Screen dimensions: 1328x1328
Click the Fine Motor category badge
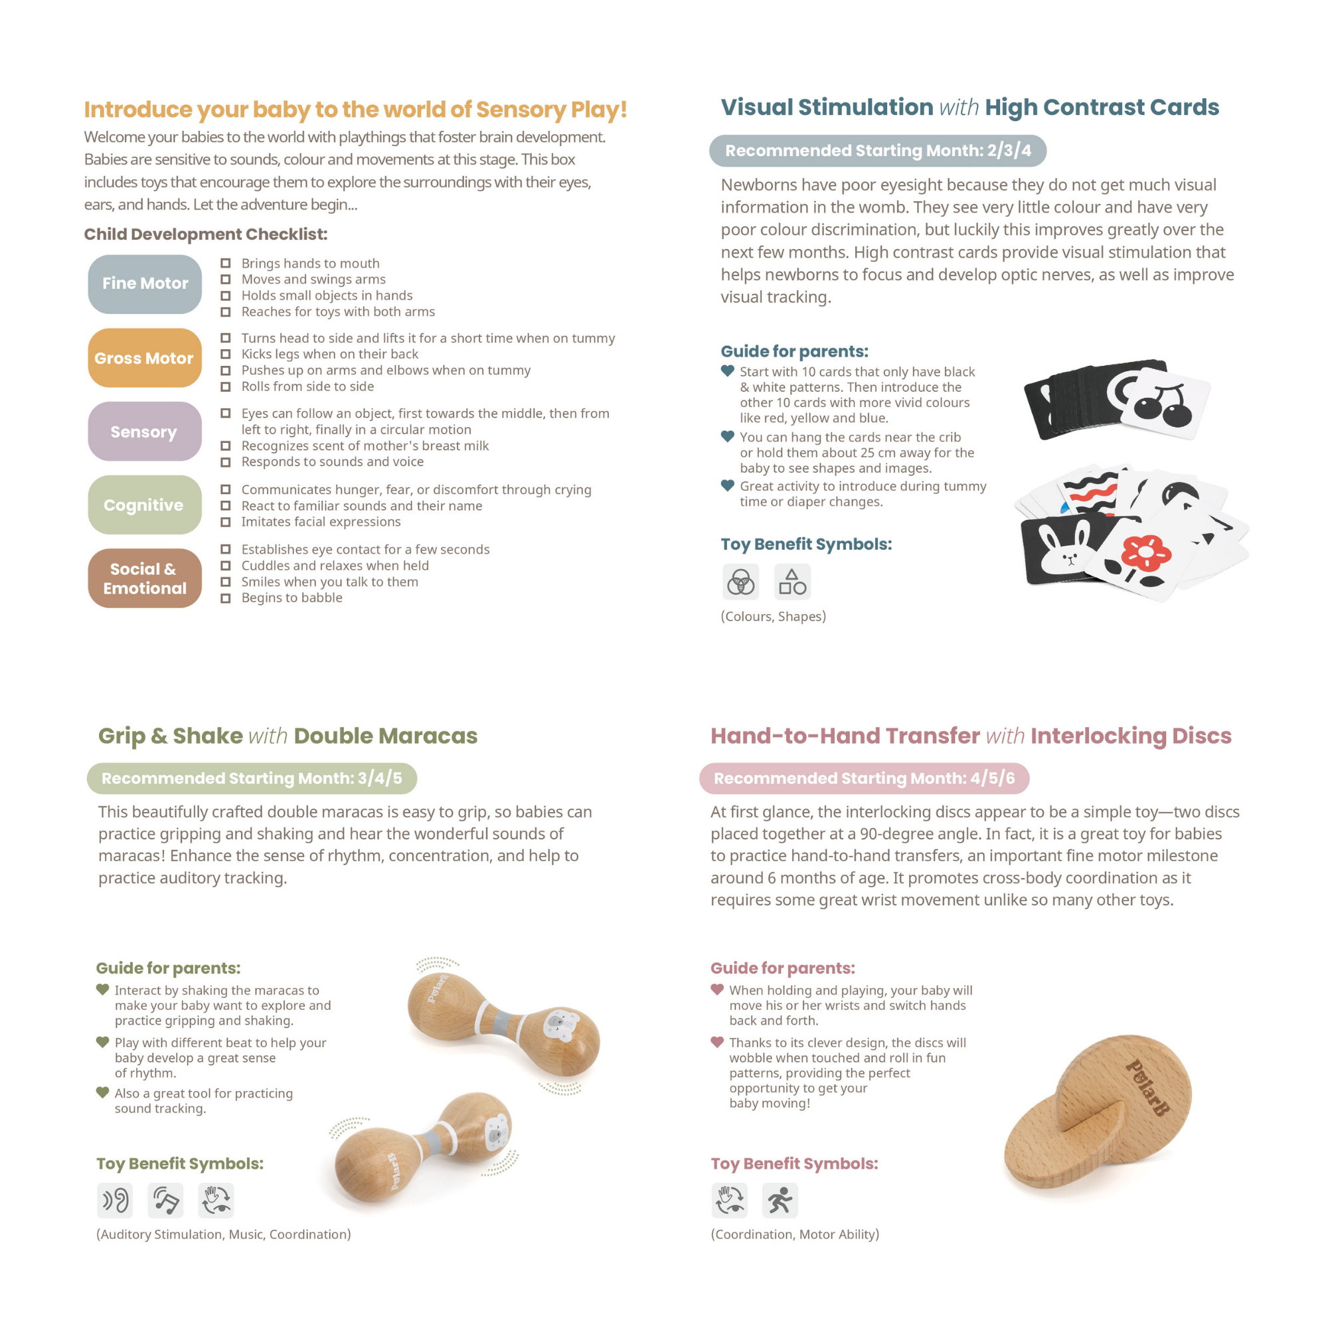pos(144,284)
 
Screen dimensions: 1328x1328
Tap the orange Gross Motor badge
pos(144,358)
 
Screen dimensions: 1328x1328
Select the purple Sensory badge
pos(144,432)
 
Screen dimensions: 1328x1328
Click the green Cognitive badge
pos(144,505)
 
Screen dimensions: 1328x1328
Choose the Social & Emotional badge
pos(144,578)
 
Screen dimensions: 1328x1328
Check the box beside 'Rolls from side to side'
pos(226,387)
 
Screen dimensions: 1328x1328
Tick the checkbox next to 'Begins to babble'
pos(226,598)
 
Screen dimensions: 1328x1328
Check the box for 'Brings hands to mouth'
pos(226,263)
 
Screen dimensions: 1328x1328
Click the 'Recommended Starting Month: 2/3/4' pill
pos(877,151)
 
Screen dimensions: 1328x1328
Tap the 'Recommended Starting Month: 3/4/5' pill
pos(252,778)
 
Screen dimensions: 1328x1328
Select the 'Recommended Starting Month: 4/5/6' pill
pos(863,778)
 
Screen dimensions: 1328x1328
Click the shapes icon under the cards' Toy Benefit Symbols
pos(792,582)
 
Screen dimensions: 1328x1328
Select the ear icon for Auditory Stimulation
pos(115,1201)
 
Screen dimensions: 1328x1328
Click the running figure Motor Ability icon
pos(780,1201)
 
